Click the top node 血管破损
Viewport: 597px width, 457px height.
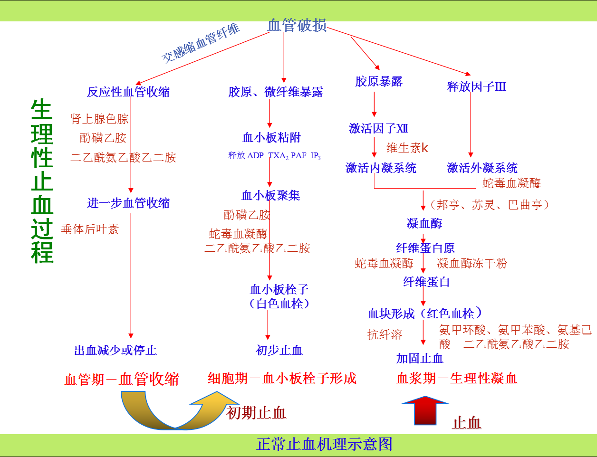297,25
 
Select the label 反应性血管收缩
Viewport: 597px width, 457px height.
128,92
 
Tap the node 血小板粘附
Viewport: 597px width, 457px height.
271,137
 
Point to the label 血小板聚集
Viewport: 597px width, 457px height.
270,195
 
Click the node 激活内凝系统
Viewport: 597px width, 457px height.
381,168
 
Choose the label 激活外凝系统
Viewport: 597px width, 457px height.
482,168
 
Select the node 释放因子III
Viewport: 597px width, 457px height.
477,87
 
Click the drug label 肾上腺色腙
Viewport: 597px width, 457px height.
99,119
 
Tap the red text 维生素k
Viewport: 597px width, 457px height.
407,148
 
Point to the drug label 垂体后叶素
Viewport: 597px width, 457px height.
90,229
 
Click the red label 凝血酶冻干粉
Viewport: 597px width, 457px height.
472,263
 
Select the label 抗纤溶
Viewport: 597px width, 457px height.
385,334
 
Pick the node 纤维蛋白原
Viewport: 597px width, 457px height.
425,248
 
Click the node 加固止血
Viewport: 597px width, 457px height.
420,359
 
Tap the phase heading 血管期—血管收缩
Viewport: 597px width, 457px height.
122,379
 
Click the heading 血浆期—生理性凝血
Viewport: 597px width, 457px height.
457,378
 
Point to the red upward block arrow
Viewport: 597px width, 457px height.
425,410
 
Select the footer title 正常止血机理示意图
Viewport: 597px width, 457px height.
325,444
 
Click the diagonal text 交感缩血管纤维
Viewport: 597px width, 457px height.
201,44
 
